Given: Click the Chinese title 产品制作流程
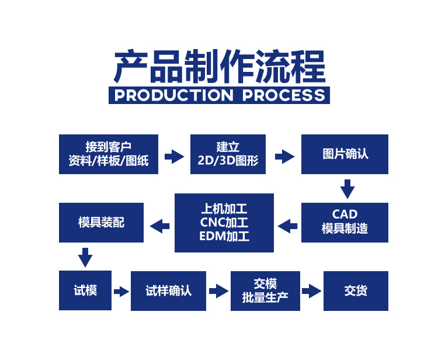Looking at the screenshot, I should pyautogui.click(x=219, y=66).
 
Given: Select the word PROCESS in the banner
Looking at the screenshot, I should pyautogui.click(x=283, y=95).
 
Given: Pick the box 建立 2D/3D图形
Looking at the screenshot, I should pyautogui.click(x=228, y=154).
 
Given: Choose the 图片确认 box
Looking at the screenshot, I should pyautogui.click(x=345, y=154).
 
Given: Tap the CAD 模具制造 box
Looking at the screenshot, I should pyautogui.click(x=345, y=222).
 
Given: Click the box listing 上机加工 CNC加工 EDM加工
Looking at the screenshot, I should pyautogui.click(x=224, y=223).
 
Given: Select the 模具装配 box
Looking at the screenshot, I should pyautogui.click(x=101, y=223).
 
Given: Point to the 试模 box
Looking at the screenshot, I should pyautogui.click(x=85, y=290).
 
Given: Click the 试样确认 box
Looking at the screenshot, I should pyautogui.click(x=168, y=290).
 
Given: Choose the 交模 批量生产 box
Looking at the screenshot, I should pyautogui.click(x=265, y=290).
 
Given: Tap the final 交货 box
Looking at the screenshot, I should pyautogui.click(x=356, y=290).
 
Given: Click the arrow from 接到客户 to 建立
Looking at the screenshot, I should pyautogui.click(x=174, y=155).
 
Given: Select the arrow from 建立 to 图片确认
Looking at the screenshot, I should pyautogui.click(x=284, y=156).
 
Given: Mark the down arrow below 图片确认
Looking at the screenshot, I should pyautogui.click(x=347, y=189).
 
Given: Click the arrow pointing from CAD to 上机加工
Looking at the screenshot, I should pyautogui.click(x=287, y=224).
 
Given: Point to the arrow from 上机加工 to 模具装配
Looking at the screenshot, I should pyautogui.click(x=160, y=224).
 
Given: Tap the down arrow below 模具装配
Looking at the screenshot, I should pyautogui.click(x=86, y=257).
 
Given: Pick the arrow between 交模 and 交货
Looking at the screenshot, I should pyautogui.click(x=311, y=290).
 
